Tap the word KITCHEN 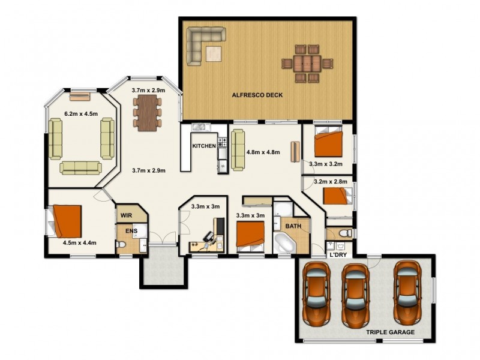(203, 146)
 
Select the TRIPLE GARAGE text (390, 331)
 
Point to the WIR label (126, 215)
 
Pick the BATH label (293, 226)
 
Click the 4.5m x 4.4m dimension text (80, 243)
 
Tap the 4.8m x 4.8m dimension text (263, 152)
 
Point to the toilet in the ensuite (122, 245)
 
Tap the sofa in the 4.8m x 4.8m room (238, 150)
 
